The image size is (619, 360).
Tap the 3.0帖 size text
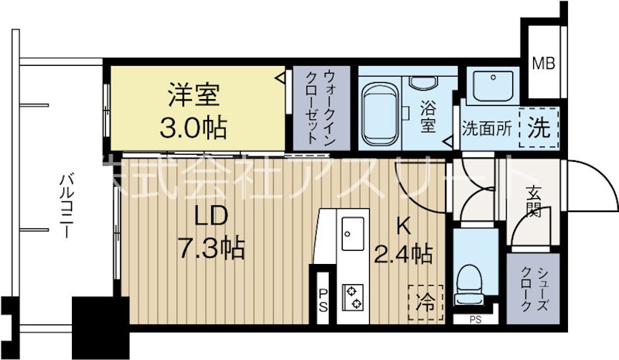point(193,127)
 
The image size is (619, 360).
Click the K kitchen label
point(402,226)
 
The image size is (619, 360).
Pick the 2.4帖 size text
point(402,252)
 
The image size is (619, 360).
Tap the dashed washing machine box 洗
point(539,126)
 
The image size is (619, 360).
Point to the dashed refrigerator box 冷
point(426,299)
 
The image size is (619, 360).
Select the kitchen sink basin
point(354,231)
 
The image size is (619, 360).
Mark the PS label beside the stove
point(322,299)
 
